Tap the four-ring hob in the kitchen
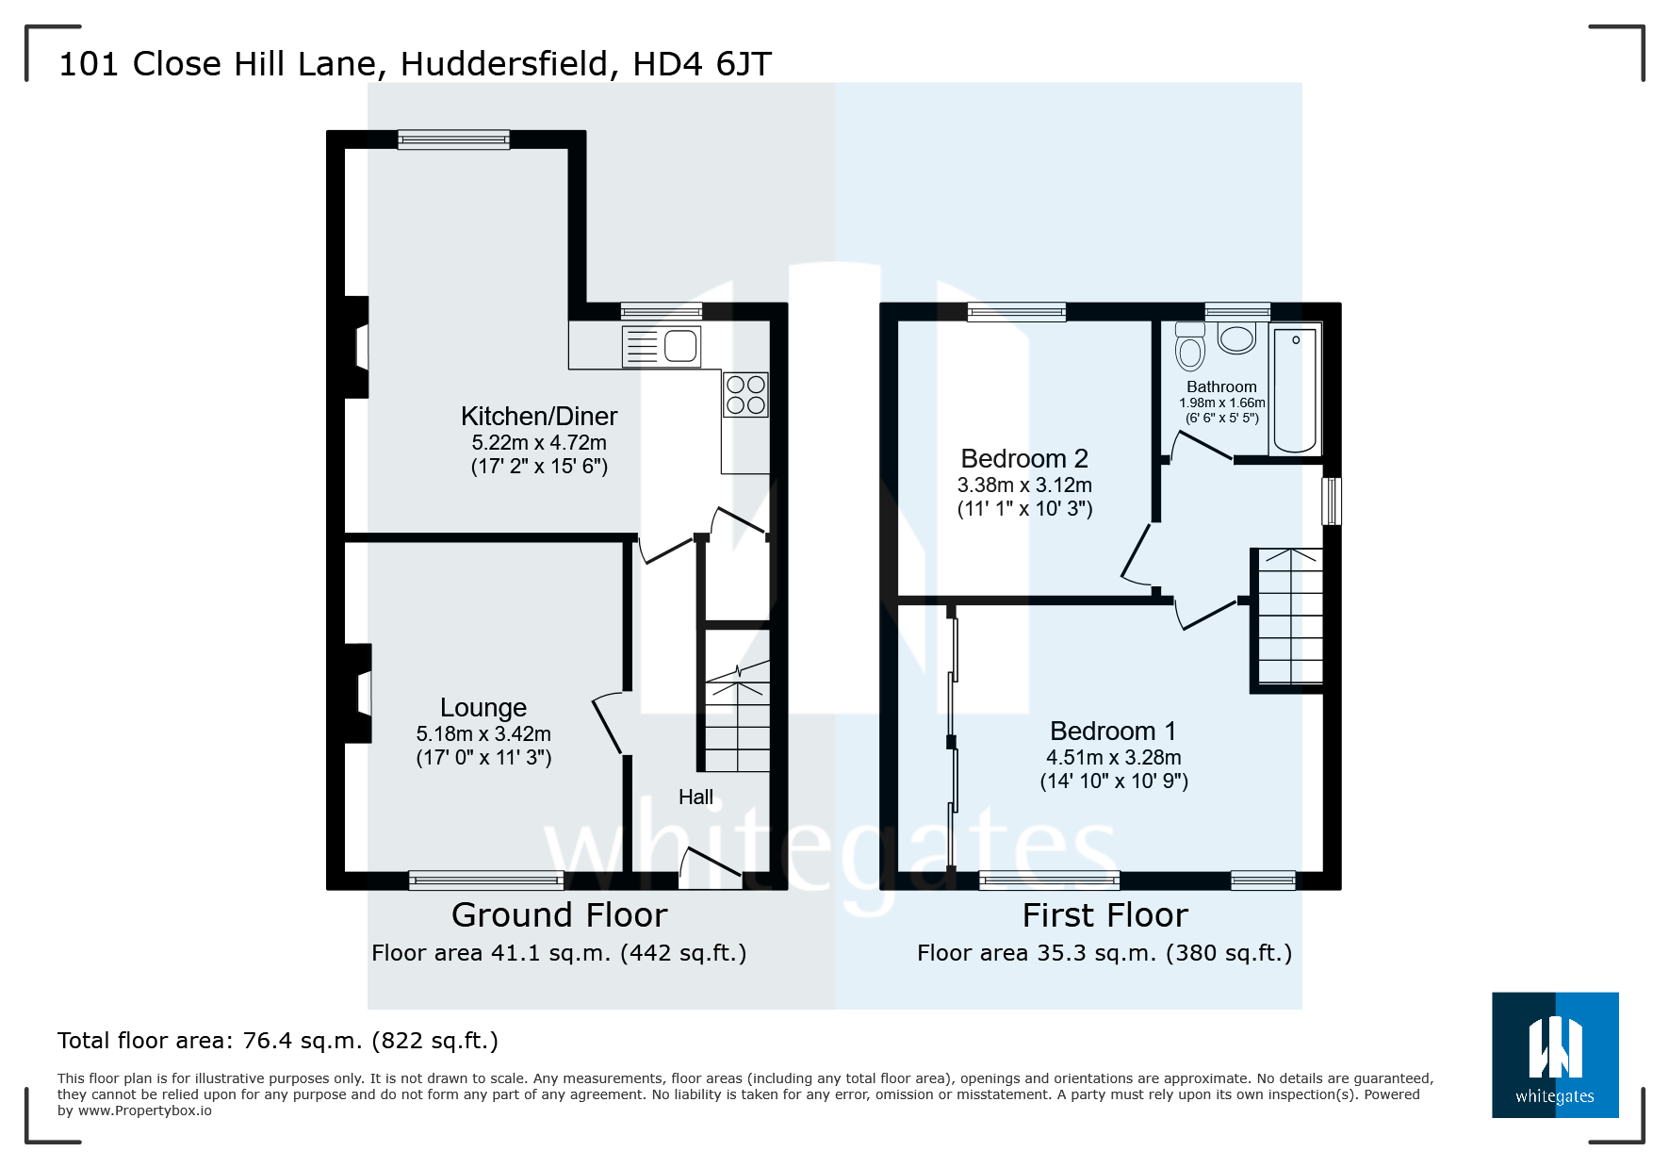(745, 395)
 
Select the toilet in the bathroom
(1190, 348)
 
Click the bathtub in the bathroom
(1295, 389)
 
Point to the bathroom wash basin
(1236, 337)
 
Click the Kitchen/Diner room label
(539, 417)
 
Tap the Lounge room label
(483, 708)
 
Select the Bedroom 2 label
(1024, 459)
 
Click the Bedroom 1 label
(1113, 732)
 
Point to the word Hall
(695, 798)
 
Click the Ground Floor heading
(559, 915)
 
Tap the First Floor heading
(1104, 915)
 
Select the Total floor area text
(278, 1041)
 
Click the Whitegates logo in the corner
(1555, 1055)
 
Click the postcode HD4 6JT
(702, 64)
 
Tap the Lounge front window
(486, 880)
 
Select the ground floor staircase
(737, 716)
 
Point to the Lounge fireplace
(358, 694)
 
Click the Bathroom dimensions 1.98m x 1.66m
(1221, 403)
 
